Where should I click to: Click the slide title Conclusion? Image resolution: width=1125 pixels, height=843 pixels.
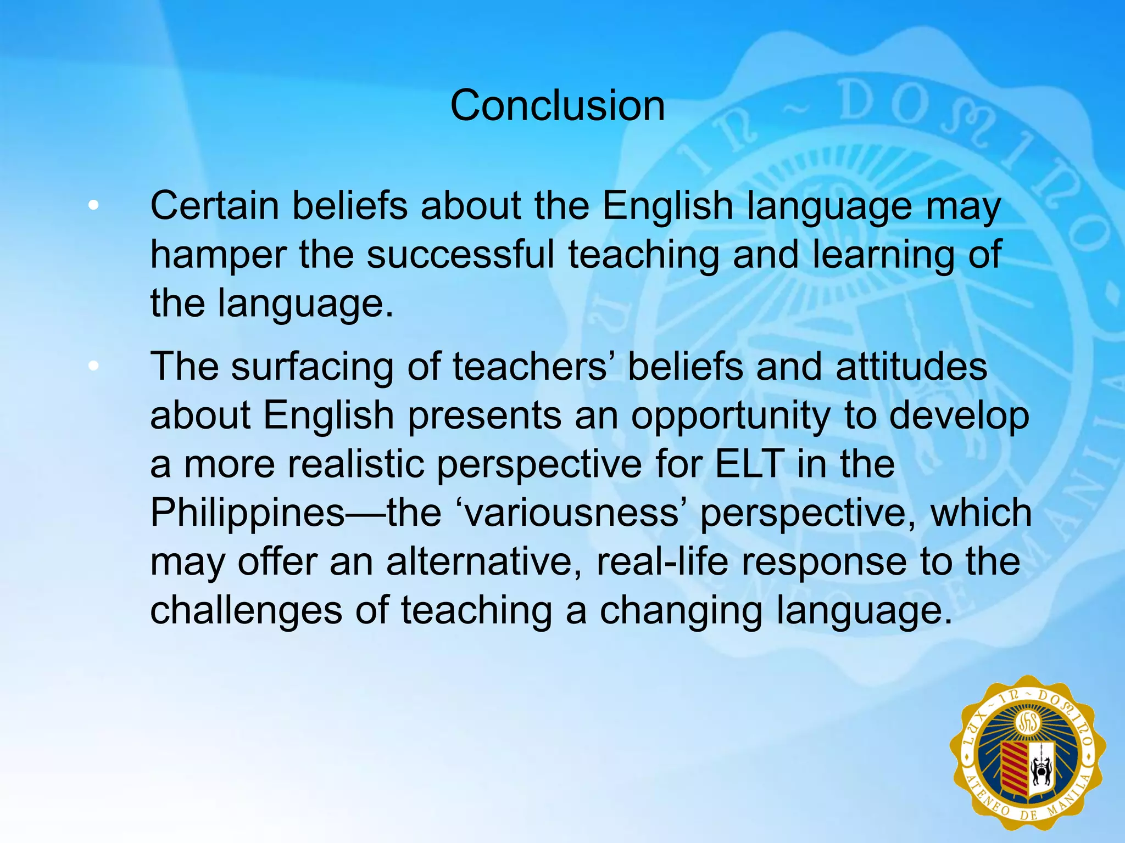point(557,105)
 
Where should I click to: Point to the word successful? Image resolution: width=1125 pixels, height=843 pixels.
point(460,255)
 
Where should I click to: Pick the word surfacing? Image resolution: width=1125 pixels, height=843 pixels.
point(312,368)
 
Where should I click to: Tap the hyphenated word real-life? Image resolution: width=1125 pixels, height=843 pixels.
point(662,562)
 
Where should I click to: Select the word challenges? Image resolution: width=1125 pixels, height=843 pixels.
point(246,611)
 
